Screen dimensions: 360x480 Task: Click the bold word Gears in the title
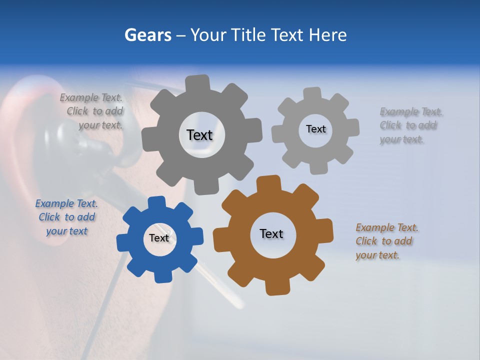(147, 35)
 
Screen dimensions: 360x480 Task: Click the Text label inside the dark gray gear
(199, 135)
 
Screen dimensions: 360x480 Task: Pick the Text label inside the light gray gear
(315, 129)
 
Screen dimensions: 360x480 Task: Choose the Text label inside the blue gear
(159, 238)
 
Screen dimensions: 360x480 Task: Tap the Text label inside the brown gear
(271, 233)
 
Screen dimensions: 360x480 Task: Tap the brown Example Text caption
(386, 241)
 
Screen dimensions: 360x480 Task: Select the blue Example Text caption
(66, 217)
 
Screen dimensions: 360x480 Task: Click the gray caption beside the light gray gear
(410, 125)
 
